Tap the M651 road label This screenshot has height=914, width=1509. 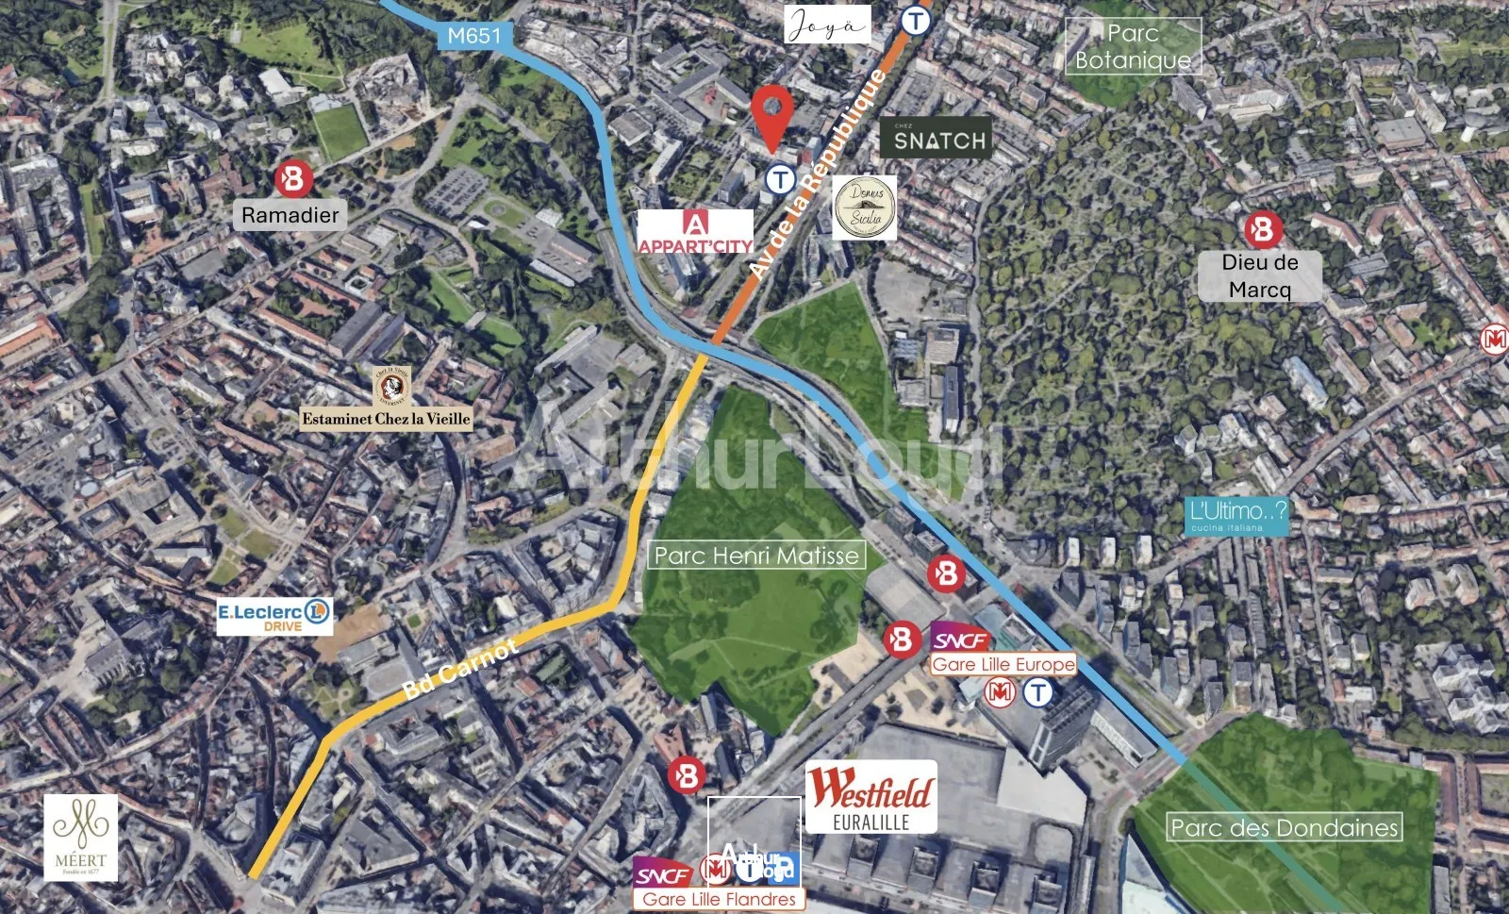[x=474, y=36]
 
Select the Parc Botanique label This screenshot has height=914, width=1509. [x=1133, y=46]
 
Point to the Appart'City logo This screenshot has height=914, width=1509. [x=695, y=232]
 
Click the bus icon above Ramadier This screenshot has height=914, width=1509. [x=293, y=178]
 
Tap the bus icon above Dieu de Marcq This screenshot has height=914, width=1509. [x=1262, y=229]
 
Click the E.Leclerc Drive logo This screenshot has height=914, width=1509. [x=274, y=616]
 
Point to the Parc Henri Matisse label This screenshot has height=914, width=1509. [x=756, y=556]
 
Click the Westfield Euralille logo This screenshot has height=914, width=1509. [x=871, y=797]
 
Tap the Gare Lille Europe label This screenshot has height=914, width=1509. [x=1003, y=664]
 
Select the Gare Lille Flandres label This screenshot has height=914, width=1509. [x=719, y=899]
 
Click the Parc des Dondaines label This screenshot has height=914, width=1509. [x=1284, y=827]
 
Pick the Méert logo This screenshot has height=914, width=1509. [x=81, y=837]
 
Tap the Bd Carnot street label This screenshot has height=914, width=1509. [x=459, y=669]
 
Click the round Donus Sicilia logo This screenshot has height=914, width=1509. [x=865, y=207]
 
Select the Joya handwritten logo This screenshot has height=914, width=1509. [x=826, y=25]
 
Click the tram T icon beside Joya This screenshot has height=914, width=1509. [x=915, y=20]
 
